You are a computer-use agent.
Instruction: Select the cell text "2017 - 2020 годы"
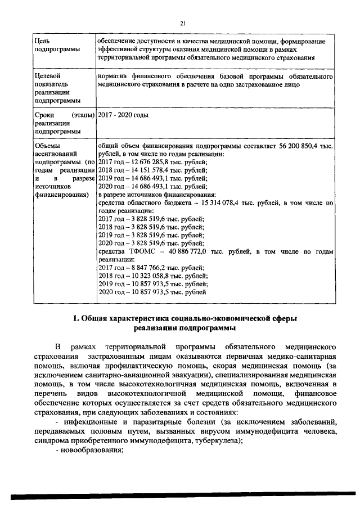(123, 115)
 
